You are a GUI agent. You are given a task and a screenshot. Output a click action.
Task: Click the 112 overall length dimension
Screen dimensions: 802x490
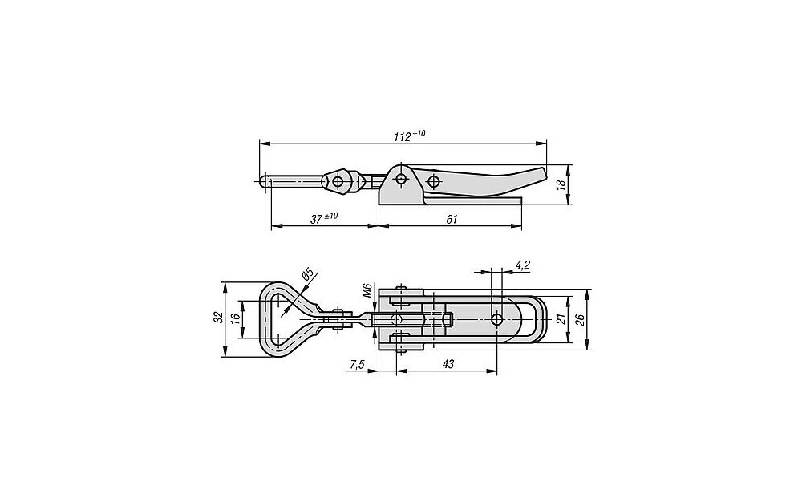409,136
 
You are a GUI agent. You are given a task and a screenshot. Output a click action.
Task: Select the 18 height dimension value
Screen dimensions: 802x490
563,184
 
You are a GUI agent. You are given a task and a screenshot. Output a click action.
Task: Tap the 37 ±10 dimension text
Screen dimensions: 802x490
324,218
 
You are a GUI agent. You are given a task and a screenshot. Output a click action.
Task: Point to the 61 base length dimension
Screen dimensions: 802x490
452,220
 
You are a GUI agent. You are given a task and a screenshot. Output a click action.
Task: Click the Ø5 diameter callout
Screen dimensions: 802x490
308,273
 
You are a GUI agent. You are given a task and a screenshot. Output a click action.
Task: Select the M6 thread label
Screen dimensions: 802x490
367,290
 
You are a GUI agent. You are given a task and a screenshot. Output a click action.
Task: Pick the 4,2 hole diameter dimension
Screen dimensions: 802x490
523,265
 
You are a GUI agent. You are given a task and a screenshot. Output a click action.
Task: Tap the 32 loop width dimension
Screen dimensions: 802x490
219,317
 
